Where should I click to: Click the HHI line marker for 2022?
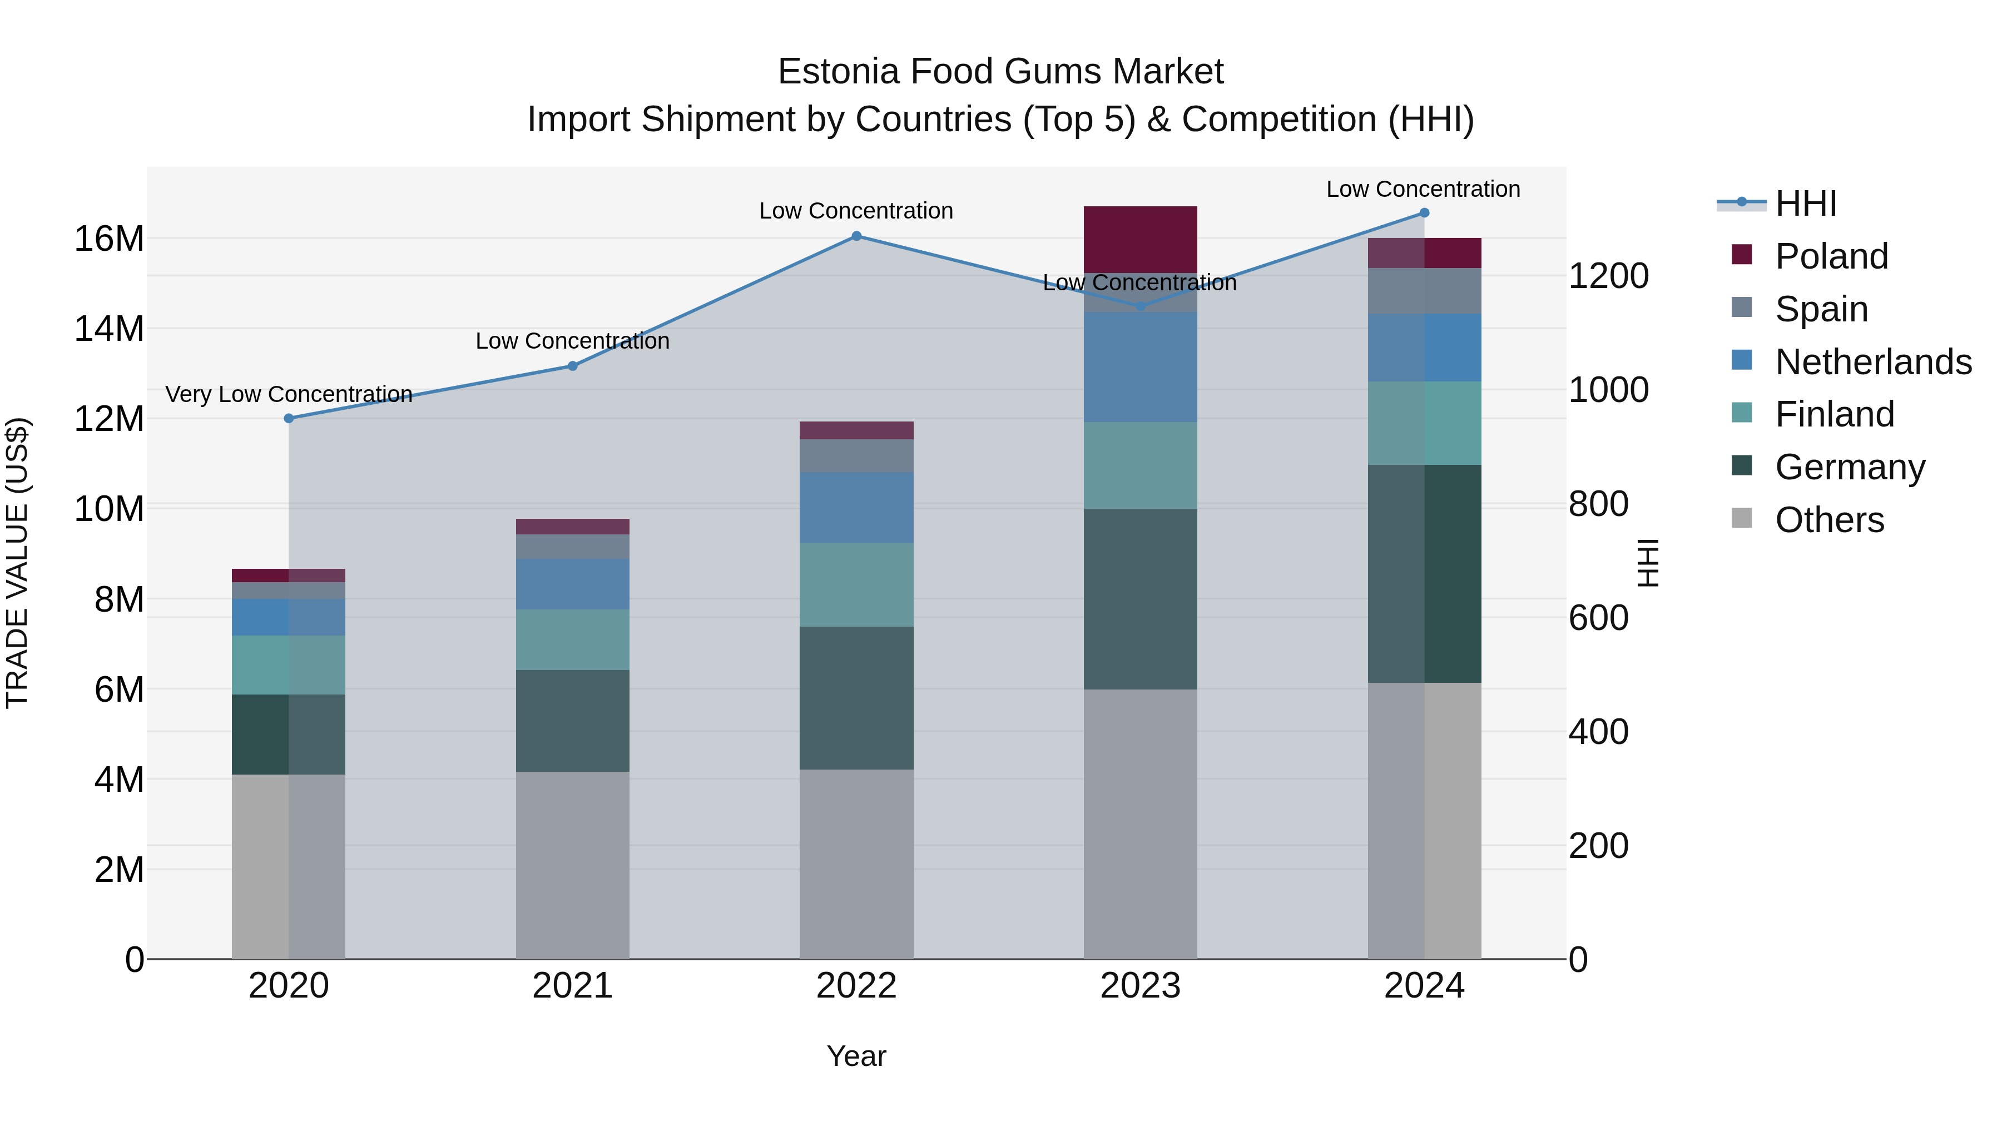coord(856,236)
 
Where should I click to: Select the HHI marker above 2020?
coord(289,418)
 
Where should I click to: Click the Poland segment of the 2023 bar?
coord(1140,239)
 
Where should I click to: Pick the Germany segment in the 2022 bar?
coord(856,698)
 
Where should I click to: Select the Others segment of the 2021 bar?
coord(573,865)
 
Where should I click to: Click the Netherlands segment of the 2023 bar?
coord(1140,367)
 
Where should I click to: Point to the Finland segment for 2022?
coord(856,584)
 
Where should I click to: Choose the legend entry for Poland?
coord(1831,256)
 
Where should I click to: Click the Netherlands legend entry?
coord(1873,362)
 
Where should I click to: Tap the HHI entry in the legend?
coord(1805,204)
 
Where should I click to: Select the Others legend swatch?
coord(1742,518)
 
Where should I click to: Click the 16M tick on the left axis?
coord(109,239)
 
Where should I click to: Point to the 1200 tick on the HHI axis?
coord(1608,276)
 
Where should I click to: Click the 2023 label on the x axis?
coord(1140,986)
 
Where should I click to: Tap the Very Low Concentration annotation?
coord(289,395)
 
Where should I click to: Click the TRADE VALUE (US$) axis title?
coord(18,563)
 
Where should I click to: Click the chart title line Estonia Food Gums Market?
coord(1000,72)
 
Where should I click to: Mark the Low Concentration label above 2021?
coord(573,341)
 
